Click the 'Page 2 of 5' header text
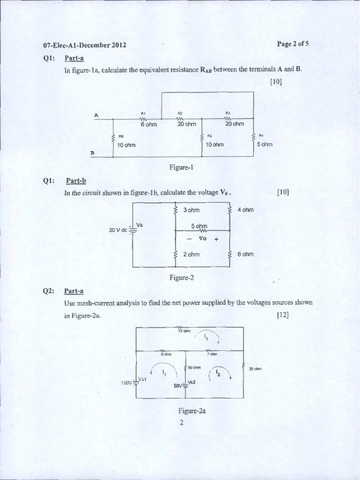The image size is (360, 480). pos(292,44)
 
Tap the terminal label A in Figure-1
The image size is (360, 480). pos(96,115)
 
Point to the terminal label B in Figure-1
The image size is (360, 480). pos(92,153)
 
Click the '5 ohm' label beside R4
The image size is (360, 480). pos(264,144)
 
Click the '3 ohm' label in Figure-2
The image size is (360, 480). pos(191,210)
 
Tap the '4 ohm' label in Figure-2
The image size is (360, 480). pos(245,210)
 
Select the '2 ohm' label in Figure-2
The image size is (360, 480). pos(191,254)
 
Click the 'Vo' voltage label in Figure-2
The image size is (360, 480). pos(203,238)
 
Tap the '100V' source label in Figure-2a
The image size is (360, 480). pos(127,383)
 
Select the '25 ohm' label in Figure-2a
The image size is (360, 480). pos(255,369)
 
